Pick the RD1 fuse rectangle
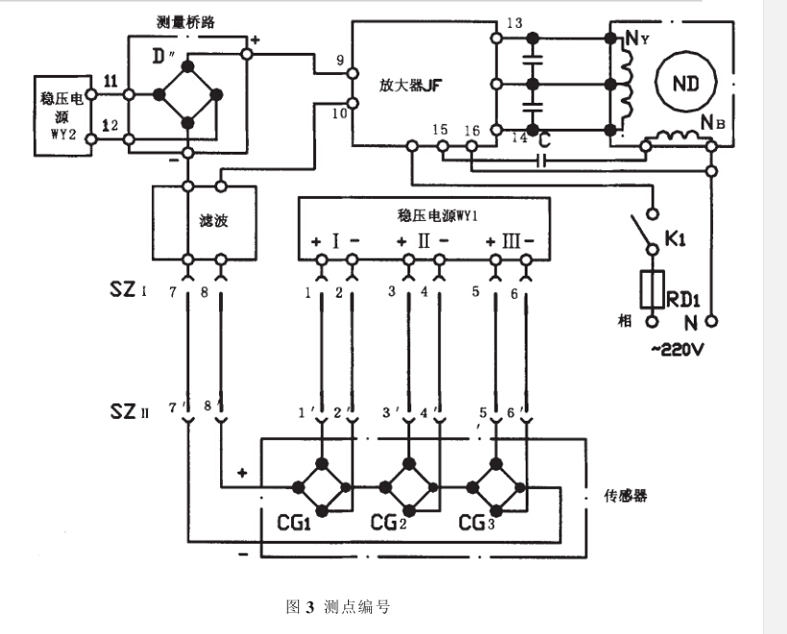coord(653,288)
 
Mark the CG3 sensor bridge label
coord(478,524)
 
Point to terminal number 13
coord(514,23)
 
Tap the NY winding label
coord(635,38)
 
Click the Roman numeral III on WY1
coord(510,239)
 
